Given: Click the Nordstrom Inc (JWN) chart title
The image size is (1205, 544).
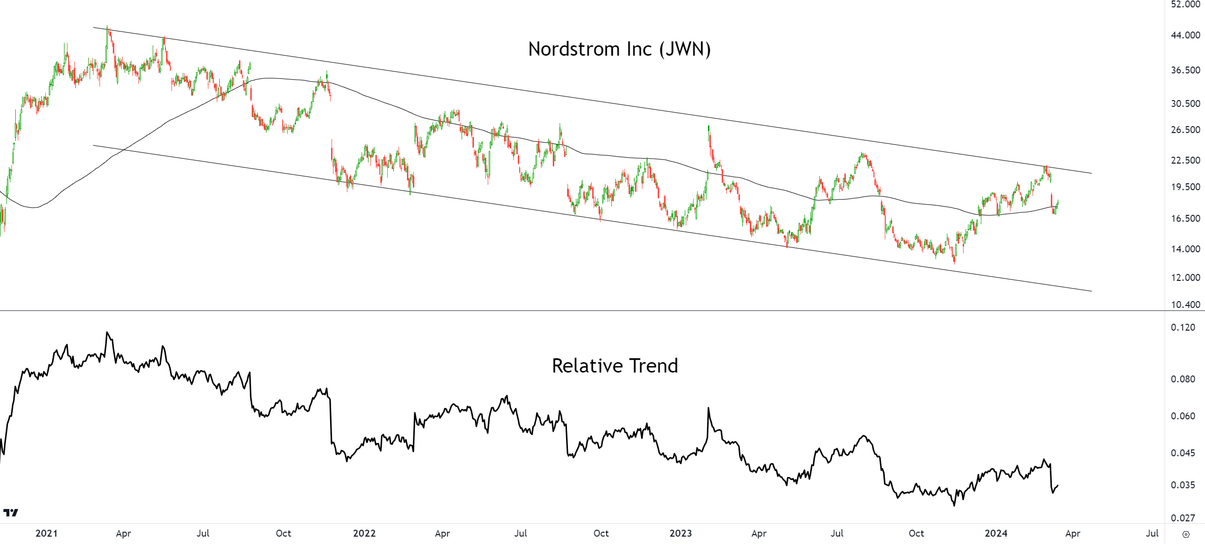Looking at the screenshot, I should coord(619,49).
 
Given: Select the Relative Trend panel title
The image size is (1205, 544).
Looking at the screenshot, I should coord(614,366).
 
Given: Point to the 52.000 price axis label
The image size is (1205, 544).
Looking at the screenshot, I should coord(1185,4).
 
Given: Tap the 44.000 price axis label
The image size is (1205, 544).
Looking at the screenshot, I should coord(1185,35).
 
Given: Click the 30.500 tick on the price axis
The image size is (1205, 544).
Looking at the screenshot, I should coord(1185,103).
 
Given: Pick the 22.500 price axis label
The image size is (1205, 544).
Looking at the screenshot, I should coord(1185,160).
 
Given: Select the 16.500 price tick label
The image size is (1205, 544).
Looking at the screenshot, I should coord(1185,218).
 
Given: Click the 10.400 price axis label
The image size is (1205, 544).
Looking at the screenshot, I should coord(1185,305).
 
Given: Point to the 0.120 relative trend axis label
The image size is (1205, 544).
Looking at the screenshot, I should coord(1183,327).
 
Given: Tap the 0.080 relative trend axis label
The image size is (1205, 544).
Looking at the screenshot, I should coord(1183,379).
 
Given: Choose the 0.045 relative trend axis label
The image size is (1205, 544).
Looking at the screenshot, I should coord(1183,453).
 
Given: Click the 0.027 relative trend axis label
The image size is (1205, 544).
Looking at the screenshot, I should coord(1183,518).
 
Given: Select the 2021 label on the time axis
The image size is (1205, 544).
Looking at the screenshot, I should coord(46,533).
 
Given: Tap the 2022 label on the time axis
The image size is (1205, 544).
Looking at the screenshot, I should coord(364,533).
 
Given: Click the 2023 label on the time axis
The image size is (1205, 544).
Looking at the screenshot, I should coord(680,533).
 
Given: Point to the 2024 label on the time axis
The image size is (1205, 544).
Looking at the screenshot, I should coord(996,533).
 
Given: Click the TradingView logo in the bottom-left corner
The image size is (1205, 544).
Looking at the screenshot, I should coord(10,512).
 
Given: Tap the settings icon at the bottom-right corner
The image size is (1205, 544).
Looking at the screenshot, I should coord(1186,534).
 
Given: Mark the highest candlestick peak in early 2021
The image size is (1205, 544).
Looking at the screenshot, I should coord(108,28).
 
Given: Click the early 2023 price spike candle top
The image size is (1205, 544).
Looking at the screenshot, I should coord(708,127).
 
